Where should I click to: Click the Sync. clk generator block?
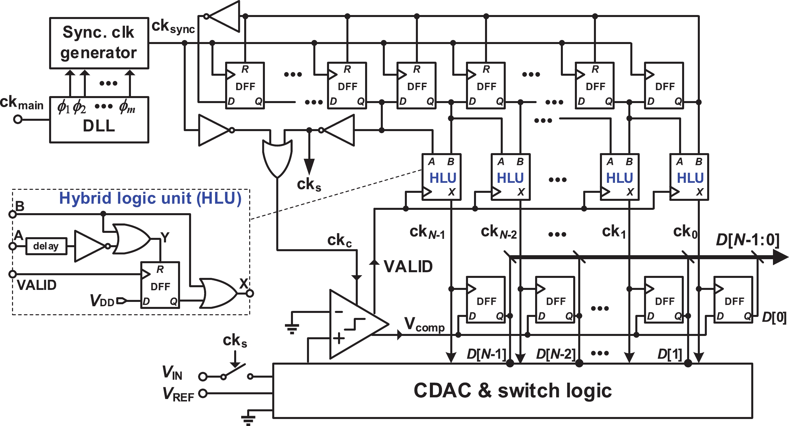[x=99, y=43]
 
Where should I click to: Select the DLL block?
[x=99, y=120]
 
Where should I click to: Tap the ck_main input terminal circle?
[x=18, y=119]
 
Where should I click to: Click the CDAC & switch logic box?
[x=512, y=391]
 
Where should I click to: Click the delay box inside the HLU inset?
[x=46, y=246]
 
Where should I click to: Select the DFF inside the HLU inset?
[x=160, y=285]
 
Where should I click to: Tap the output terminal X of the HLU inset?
[x=250, y=294]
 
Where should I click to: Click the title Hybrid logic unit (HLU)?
[x=150, y=198]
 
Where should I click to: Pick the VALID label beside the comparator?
[x=408, y=267]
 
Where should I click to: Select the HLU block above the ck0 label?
[x=689, y=177]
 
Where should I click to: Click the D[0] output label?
[x=774, y=317]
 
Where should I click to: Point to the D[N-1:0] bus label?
[x=748, y=240]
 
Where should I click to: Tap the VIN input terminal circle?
[x=202, y=377]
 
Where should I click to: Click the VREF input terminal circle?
[x=202, y=394]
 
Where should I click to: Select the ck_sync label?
[x=173, y=26]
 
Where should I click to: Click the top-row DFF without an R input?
[x=664, y=86]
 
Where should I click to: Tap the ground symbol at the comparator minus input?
[x=292, y=328]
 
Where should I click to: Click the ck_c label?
[x=339, y=241]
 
